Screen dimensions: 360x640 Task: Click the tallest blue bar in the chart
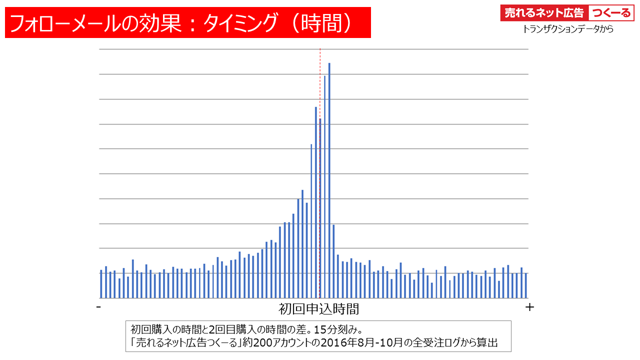click(x=329, y=180)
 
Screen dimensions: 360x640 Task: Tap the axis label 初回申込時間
click(x=318, y=308)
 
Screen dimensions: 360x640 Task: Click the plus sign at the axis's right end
click(x=530, y=307)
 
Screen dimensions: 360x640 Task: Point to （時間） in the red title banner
click(x=325, y=23)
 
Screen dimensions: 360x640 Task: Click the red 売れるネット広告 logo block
click(x=544, y=13)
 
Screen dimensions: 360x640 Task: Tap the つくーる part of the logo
click(x=611, y=13)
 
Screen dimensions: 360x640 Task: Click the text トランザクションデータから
click(x=568, y=29)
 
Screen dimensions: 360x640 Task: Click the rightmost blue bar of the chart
click(x=526, y=285)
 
